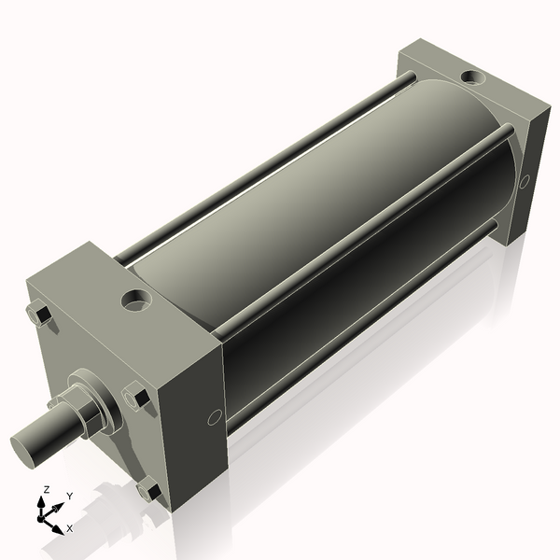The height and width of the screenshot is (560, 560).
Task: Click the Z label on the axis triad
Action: [47, 489]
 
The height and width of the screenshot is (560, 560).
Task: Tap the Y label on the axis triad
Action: [69, 496]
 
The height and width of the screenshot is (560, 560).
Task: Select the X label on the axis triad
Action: [70, 528]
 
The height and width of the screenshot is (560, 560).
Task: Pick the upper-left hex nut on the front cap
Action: [39, 315]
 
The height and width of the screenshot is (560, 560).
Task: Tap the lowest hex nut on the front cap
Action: [147, 489]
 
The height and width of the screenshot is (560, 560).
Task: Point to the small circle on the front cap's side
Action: [213, 416]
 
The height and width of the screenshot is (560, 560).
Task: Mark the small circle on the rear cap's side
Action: [525, 180]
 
